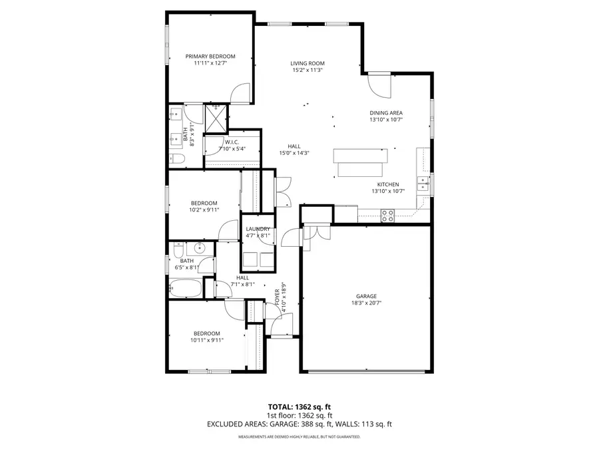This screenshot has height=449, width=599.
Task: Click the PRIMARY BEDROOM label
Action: [210, 57]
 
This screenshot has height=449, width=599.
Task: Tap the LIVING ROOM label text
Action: [307, 63]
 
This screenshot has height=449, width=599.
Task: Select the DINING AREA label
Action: [386, 113]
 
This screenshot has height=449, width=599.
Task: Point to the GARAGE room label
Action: [366, 296]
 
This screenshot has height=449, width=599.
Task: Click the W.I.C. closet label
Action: [232, 142]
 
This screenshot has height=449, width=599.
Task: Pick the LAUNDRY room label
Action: [258, 229]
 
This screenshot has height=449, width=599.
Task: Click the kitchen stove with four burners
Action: [387, 215]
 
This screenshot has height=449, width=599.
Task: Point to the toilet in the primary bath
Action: [176, 158]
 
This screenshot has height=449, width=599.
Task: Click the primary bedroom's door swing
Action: [240, 94]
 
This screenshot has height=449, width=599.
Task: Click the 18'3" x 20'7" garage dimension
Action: [366, 303]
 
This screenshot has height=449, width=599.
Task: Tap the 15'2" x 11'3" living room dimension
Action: [307, 70]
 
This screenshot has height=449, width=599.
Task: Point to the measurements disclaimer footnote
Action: [299, 437]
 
